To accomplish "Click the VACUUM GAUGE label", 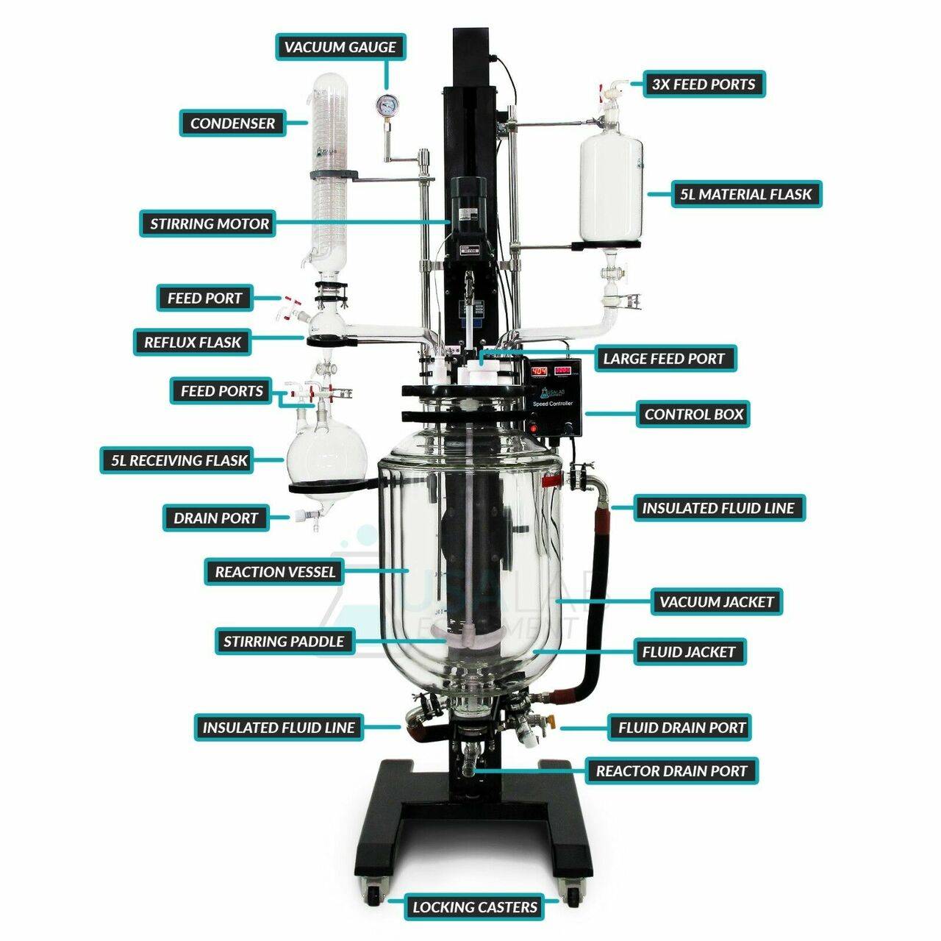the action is [x=340, y=47].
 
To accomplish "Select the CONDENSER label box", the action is [x=232, y=123].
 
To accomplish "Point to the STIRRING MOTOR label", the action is [x=209, y=223].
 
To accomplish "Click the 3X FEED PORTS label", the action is [x=704, y=84].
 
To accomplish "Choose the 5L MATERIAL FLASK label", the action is [x=746, y=194].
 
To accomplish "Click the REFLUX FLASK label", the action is [x=193, y=342].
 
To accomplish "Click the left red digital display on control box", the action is [x=539, y=371].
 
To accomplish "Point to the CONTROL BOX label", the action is [x=693, y=414].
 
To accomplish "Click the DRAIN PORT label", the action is [x=215, y=518].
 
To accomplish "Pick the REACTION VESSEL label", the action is [x=274, y=571].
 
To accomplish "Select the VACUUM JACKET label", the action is [x=716, y=601].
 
